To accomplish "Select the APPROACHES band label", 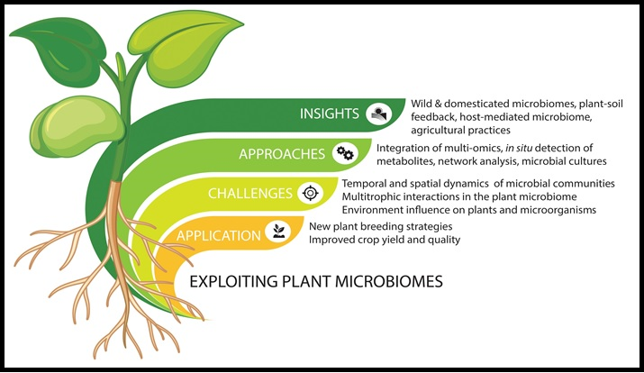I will click(x=282, y=153).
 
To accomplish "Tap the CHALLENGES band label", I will click(x=249, y=193).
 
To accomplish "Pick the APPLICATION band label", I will click(x=218, y=235).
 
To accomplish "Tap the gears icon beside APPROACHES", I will click(x=344, y=153).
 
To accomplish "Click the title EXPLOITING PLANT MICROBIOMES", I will click(x=316, y=281).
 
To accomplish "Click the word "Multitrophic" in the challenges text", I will click(x=348, y=197).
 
